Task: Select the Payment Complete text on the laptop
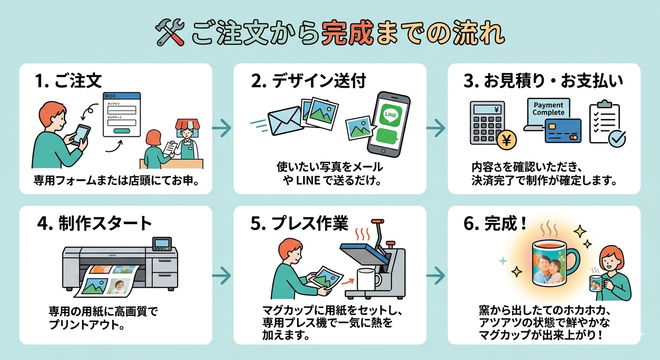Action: point(548,109)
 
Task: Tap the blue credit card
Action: point(563,131)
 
